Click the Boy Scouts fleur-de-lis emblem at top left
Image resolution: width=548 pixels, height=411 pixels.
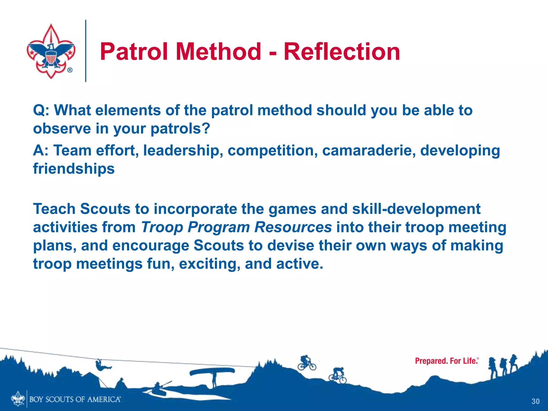coord(51,51)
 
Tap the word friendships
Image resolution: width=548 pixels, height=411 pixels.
coord(74,169)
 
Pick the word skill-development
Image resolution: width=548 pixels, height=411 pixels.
coord(416,209)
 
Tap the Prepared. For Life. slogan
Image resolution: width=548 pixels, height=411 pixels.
coord(446,361)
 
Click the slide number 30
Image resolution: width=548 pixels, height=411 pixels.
coord(535,401)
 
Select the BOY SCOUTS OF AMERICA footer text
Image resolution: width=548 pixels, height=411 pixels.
coord(75,399)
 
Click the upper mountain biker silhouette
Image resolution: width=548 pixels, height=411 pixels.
coord(307,363)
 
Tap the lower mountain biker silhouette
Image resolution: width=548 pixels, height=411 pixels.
coord(338,375)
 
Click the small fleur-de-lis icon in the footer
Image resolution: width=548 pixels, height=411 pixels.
coord(18,399)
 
